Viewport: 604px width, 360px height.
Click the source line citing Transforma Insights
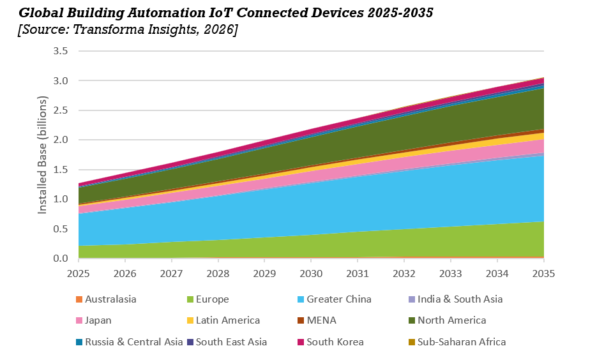[128, 30]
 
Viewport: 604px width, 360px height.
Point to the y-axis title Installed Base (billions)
[43, 154]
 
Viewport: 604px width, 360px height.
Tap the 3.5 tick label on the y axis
[61, 51]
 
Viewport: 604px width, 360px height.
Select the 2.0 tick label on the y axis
[61, 140]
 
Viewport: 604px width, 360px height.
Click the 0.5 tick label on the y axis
[61, 229]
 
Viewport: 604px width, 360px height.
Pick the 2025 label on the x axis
[79, 273]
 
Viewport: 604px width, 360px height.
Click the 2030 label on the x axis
[311, 273]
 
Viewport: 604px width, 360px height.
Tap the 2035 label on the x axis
[543, 273]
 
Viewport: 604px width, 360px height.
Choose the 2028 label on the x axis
[218, 273]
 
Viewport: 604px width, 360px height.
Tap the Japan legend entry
[98, 320]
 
